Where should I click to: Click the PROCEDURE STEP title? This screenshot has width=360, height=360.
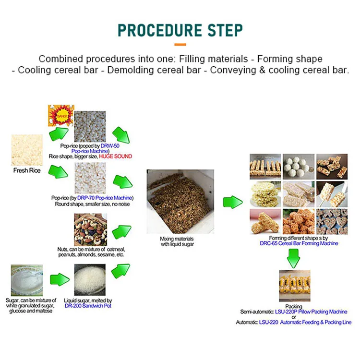[x=180, y=29]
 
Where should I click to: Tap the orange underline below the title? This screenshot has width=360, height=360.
[x=180, y=45]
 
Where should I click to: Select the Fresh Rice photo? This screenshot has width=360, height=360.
[x=27, y=150]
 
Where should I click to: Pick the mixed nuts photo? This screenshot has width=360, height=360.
[x=90, y=229]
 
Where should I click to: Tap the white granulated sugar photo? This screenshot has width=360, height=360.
[x=27, y=280]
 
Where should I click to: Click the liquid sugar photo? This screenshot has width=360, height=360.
[x=90, y=280]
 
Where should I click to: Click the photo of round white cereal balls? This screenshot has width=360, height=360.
[x=298, y=166]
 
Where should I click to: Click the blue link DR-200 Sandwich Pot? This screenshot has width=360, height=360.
[x=88, y=306]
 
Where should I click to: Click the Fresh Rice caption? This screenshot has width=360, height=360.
[x=27, y=170]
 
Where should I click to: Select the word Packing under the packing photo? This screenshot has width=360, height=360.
[x=294, y=306]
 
